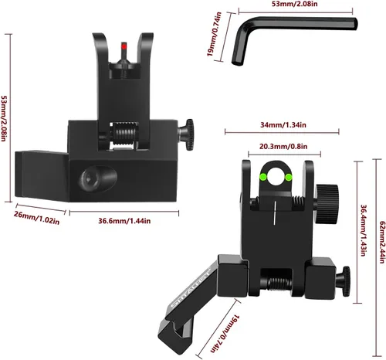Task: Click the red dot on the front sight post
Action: [x=124, y=46]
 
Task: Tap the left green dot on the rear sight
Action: [x=263, y=177]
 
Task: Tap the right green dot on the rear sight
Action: [x=289, y=177]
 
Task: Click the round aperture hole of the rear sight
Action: [x=276, y=177]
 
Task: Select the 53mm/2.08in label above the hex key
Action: [x=296, y=4]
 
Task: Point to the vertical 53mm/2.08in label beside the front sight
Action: [x=4, y=118]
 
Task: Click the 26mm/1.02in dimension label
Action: [x=36, y=218]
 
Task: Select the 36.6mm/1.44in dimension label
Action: [x=124, y=221]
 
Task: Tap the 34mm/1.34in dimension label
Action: [x=283, y=125]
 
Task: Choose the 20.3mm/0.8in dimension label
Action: [x=283, y=147]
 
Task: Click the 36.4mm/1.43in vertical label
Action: [x=363, y=230]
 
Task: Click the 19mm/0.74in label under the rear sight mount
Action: [x=225, y=333]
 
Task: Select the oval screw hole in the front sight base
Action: [x=98, y=178]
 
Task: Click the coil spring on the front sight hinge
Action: [x=124, y=133]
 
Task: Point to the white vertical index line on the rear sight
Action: [x=275, y=212]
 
